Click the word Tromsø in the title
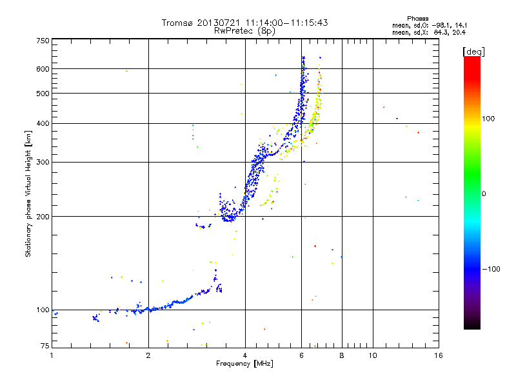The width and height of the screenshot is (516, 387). pos(177,23)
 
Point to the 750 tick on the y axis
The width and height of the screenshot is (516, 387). pos(43,41)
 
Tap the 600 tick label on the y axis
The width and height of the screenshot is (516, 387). pos(43,68)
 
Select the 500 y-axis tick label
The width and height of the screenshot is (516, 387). pos(43,93)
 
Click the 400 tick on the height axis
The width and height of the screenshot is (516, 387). pos(43,123)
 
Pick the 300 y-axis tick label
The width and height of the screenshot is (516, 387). pos(43,162)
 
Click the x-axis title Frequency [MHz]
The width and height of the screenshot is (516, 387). pos(244,364)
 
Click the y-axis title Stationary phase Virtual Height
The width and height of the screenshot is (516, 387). pos(28,194)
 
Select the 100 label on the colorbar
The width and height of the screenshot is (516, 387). pos(492,119)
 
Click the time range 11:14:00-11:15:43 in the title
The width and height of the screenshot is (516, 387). pos(286,23)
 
